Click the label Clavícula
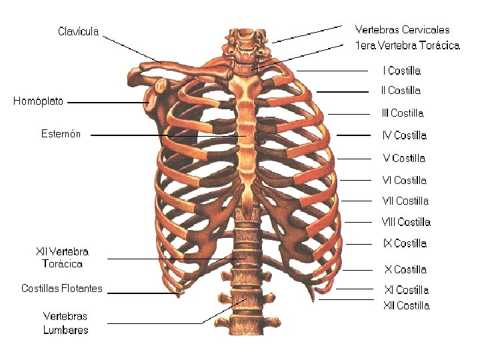79,31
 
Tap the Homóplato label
39,101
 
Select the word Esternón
61,134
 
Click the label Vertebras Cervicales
402,30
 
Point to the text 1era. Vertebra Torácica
407,45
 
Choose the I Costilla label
401,70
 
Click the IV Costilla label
404,135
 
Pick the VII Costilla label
405,201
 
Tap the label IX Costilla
405,243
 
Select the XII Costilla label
406,306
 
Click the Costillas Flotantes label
62,289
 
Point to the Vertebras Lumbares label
65,323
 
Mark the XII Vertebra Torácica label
62,258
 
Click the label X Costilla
405,269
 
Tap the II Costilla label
401,90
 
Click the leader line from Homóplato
107,103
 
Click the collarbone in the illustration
180,67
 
